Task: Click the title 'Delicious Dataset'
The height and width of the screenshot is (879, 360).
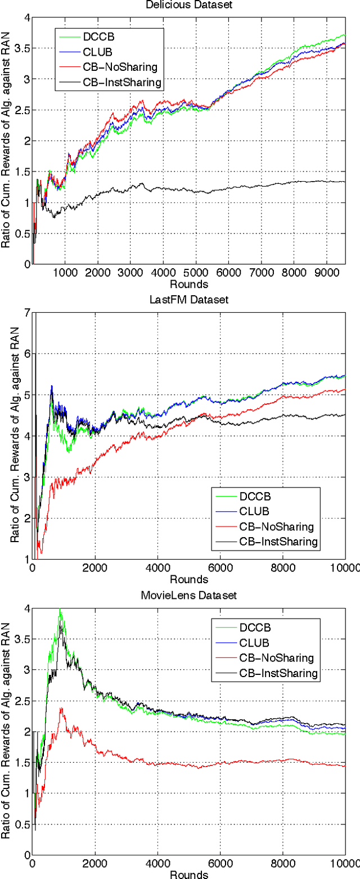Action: [190, 6]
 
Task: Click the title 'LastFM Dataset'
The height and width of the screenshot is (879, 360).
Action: [190, 300]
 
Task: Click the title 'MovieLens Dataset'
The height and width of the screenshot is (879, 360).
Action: [190, 595]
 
